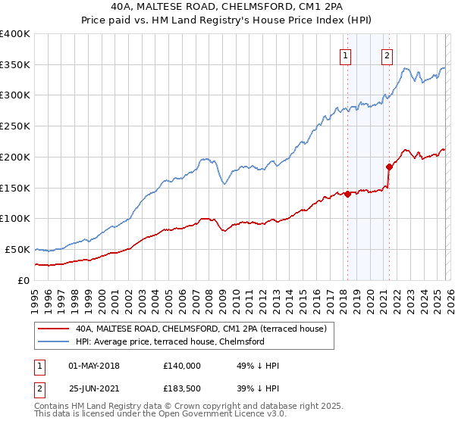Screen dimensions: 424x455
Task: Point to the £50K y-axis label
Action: click(x=17, y=249)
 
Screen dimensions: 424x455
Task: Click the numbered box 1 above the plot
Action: click(x=345, y=55)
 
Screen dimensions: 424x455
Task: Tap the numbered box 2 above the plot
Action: click(x=387, y=55)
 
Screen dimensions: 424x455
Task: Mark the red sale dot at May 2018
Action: click(x=347, y=194)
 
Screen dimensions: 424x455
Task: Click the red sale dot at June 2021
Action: click(x=389, y=167)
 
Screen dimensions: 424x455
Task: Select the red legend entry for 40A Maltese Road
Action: click(x=201, y=329)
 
